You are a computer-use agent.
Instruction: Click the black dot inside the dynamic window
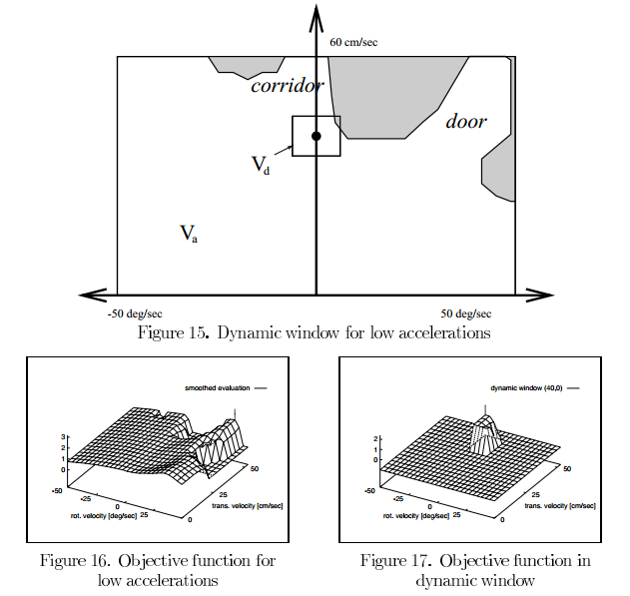pyautogui.click(x=316, y=136)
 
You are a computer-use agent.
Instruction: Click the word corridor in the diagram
pyautogui.click(x=287, y=86)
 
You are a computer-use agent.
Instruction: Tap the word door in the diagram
pyautogui.click(x=465, y=122)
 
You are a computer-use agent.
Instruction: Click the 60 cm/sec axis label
pyautogui.click(x=352, y=43)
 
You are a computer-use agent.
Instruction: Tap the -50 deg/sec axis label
pyautogui.click(x=134, y=313)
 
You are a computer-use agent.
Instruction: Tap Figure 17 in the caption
pyautogui.click(x=397, y=560)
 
